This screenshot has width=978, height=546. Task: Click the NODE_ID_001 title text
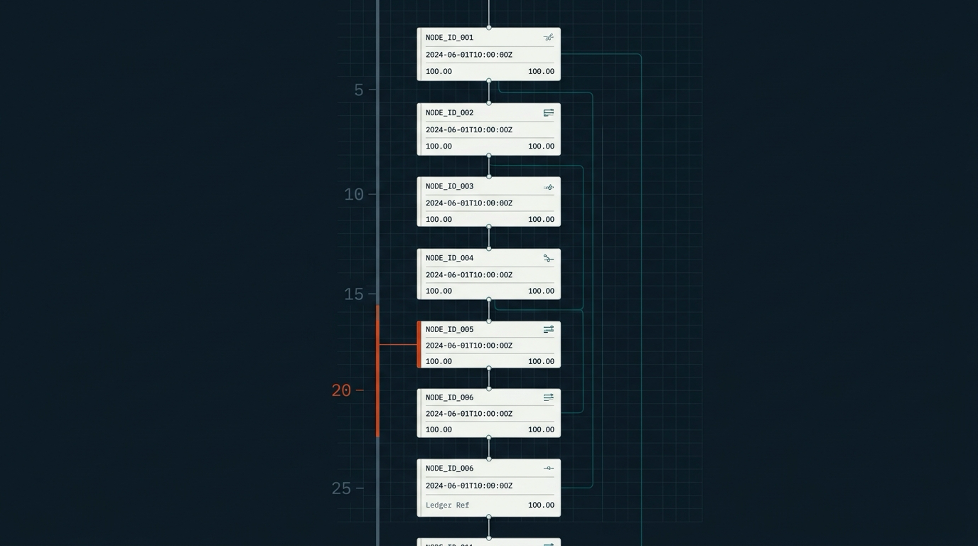449,38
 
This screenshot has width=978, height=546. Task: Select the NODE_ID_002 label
449,113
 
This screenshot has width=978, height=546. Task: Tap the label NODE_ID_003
449,186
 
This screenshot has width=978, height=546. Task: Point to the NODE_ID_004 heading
449,258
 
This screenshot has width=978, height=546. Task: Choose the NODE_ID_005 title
449,329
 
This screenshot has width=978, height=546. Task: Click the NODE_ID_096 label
449,397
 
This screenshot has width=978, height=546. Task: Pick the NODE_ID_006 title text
449,469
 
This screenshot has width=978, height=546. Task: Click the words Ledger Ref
447,505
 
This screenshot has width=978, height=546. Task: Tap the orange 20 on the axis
341,390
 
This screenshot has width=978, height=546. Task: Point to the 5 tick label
358,90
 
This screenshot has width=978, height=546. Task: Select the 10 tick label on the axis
354,195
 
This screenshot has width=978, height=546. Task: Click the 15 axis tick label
354,294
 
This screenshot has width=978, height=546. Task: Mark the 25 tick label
341,489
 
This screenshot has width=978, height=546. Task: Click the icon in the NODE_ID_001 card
549,38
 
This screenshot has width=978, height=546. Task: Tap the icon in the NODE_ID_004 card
549,259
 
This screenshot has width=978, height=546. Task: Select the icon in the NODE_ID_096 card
549,397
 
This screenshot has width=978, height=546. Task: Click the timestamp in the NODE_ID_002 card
469,129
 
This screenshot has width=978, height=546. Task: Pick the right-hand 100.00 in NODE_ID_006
541,505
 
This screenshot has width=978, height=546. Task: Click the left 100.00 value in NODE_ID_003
439,219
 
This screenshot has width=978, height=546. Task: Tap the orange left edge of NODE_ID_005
419,345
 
